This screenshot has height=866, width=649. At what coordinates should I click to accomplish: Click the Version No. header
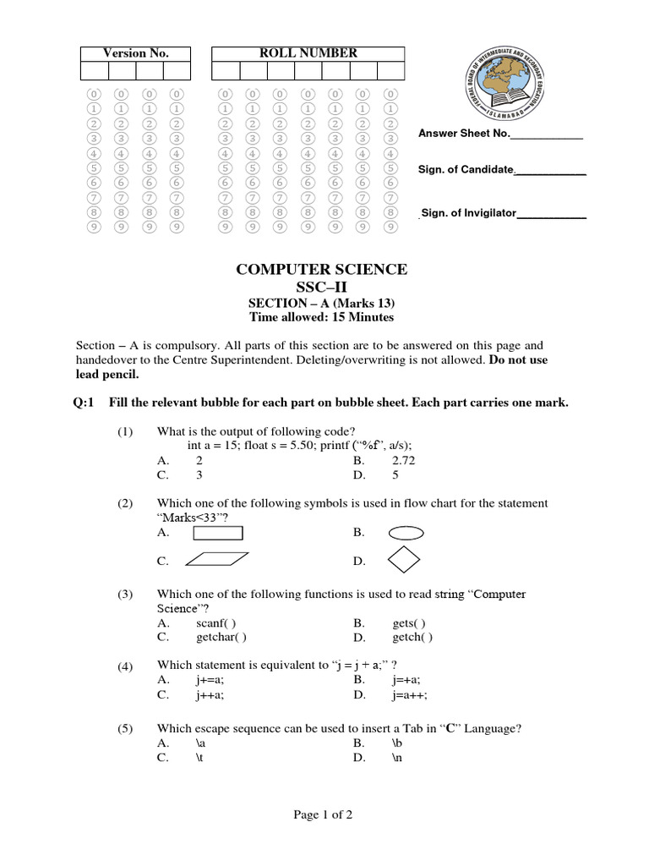click(135, 53)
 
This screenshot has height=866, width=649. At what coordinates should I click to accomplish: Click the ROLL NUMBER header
click(308, 53)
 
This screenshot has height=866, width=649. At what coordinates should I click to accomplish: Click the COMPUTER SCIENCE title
click(321, 269)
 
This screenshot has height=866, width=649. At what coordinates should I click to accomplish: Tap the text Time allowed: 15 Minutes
click(321, 317)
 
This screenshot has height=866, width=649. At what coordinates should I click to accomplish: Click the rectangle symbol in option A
click(218, 533)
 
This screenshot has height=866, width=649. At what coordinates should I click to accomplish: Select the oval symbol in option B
click(406, 533)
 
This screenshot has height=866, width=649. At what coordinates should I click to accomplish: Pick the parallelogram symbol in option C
click(216, 559)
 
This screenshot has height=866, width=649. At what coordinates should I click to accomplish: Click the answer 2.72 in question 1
click(404, 461)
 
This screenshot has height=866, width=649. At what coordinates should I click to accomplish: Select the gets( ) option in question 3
click(409, 622)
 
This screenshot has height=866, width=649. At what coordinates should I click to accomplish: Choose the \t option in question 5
click(200, 759)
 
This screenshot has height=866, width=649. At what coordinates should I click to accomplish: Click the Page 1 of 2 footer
click(324, 815)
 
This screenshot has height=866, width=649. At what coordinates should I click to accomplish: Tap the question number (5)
click(126, 728)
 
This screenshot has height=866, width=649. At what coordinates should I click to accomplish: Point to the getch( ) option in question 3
click(412, 638)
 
